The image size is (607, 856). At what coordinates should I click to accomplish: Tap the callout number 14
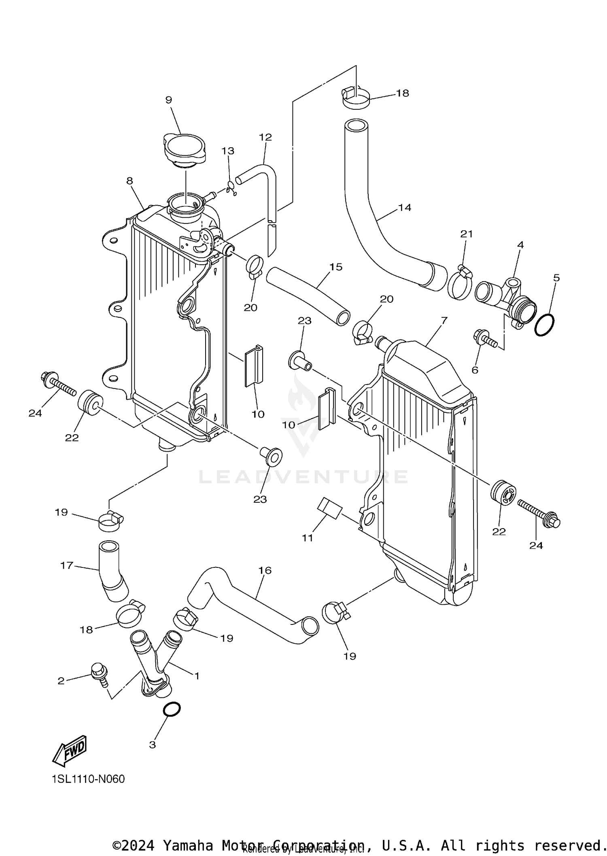click(x=404, y=208)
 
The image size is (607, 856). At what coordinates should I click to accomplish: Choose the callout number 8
click(x=129, y=181)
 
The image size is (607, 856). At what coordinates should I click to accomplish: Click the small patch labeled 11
click(x=330, y=508)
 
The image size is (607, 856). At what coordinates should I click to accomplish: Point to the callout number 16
click(x=265, y=570)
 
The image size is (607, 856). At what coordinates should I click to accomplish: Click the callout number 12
click(x=265, y=137)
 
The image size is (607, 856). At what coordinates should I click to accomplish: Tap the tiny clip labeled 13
click(x=231, y=188)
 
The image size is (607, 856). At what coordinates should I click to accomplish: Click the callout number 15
click(x=336, y=267)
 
